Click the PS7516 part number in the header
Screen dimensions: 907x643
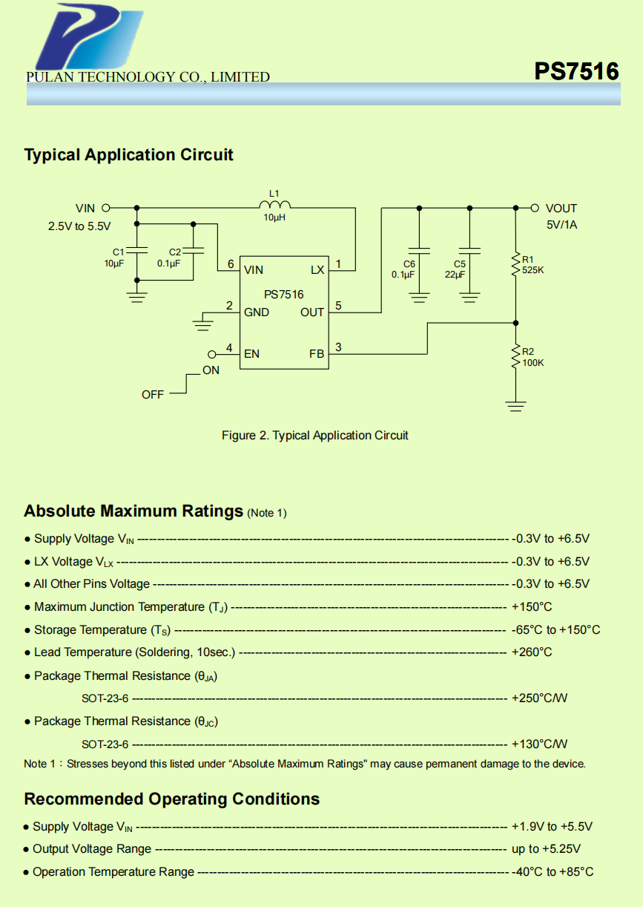click(x=576, y=71)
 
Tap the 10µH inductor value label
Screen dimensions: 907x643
click(x=274, y=218)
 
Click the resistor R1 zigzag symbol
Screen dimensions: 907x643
click(x=515, y=265)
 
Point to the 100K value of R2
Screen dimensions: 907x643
click(x=532, y=363)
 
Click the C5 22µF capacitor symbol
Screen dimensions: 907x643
click(x=469, y=251)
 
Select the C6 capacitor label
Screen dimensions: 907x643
click(x=409, y=263)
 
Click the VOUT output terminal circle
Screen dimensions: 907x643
click(x=535, y=209)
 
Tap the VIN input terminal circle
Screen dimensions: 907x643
click(x=105, y=209)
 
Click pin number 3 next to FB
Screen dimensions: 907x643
click(x=338, y=347)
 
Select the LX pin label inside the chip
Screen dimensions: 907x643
click(x=317, y=270)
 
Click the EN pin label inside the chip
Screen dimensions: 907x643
click(x=252, y=354)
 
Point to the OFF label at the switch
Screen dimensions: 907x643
click(x=153, y=395)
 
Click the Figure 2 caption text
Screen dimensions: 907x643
click(x=315, y=436)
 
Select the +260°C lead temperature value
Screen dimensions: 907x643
click(x=532, y=652)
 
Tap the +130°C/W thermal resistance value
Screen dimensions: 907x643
click(x=539, y=744)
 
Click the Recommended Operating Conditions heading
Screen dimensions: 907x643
click(x=172, y=799)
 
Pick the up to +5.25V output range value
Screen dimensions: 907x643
click(x=546, y=849)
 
